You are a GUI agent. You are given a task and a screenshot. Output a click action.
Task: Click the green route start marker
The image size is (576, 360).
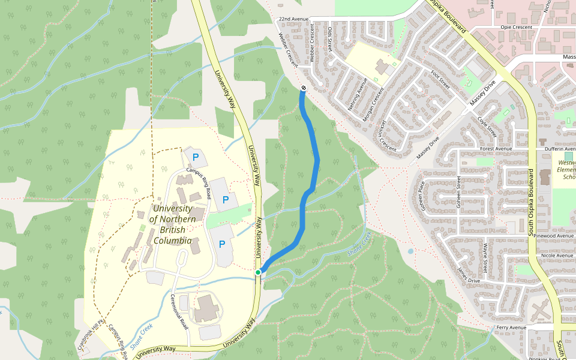[258, 272]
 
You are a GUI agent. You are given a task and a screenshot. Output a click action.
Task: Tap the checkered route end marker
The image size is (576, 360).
[304, 89]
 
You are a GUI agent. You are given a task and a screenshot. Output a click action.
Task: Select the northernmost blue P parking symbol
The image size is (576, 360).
[195, 157]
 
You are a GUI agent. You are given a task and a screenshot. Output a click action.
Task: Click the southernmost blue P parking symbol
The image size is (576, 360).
[221, 244]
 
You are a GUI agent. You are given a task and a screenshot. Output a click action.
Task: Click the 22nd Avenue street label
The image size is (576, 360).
[293, 19]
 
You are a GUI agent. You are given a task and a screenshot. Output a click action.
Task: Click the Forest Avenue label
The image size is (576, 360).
[495, 148]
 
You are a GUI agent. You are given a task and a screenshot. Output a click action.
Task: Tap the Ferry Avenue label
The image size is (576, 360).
[511, 328]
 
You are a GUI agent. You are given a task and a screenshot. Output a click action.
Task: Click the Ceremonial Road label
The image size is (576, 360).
[179, 313]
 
